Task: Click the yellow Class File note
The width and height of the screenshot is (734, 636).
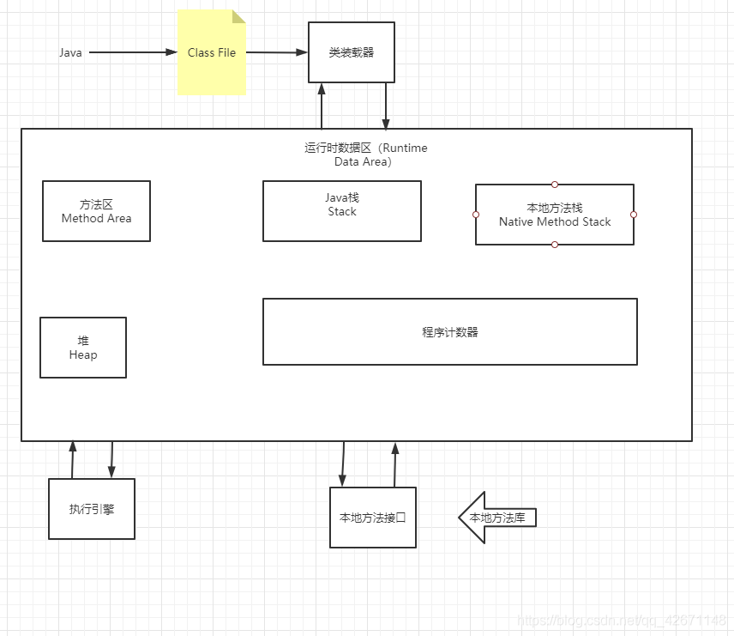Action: coord(212,53)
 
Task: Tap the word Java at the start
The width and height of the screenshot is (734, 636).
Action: coord(70,53)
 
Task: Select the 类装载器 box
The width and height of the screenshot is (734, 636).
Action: coord(352,52)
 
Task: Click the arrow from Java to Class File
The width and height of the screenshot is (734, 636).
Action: coord(133,52)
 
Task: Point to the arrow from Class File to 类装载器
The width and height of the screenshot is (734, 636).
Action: coord(277,52)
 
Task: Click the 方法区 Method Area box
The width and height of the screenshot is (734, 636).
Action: coord(96,211)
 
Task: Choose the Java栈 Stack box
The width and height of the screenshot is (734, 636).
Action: coord(341,211)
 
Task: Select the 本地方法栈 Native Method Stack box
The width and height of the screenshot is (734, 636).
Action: coord(555,215)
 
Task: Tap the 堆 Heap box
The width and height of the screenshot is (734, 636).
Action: coord(83,348)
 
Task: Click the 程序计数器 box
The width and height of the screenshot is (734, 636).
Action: coord(449,332)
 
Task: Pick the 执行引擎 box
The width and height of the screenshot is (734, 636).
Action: coord(92,509)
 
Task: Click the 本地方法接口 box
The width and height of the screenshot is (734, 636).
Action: coord(373,518)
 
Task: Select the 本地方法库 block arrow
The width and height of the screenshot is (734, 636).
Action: coord(497,518)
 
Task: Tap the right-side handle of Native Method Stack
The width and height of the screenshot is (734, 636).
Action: coord(634,215)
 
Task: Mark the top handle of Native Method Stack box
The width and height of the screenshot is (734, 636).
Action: coord(555,185)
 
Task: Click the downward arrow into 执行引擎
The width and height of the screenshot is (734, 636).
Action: coord(111,460)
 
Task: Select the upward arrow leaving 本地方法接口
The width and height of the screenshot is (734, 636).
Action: coord(395,464)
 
